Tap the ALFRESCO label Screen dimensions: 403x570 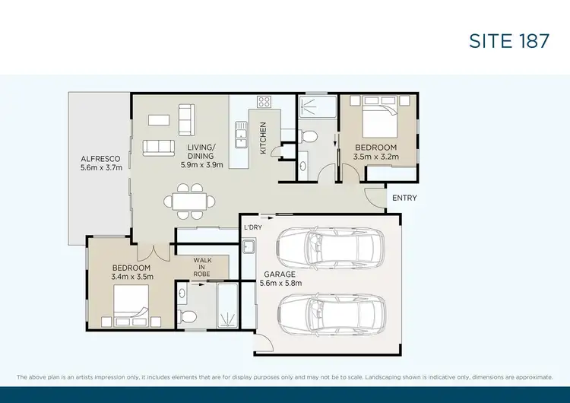(x=101, y=160)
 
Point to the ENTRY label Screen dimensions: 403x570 (x=403, y=198)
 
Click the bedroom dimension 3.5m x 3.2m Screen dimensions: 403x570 (x=375, y=157)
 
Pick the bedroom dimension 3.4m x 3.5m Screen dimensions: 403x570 (x=132, y=277)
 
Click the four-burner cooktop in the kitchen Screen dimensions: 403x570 (x=264, y=101)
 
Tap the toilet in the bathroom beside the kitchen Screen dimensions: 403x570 (x=309, y=136)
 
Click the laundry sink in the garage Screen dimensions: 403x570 (x=249, y=246)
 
